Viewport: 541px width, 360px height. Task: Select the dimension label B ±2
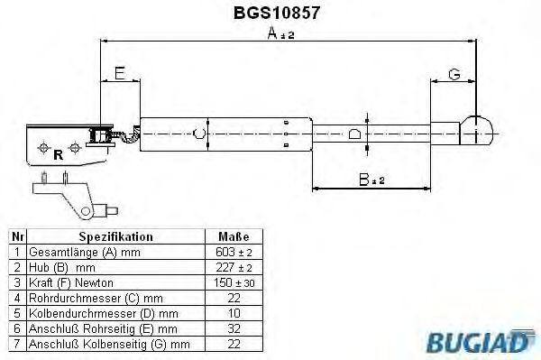coord(371,180)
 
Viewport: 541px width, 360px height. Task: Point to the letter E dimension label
coord(120,73)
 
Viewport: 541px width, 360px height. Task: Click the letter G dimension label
coord(454,73)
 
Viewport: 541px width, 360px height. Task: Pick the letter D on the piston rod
coord(355,135)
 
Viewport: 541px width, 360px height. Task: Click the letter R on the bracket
coord(58,153)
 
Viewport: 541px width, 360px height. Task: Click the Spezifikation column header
coord(115,236)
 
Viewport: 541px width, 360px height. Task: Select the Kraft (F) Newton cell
coord(68,283)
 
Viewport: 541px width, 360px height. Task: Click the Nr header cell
coord(15,236)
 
